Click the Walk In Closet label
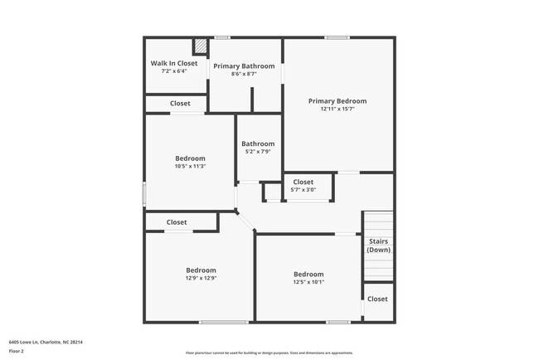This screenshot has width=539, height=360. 174,63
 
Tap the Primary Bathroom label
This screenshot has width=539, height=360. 245,66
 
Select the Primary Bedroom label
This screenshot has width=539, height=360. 337,101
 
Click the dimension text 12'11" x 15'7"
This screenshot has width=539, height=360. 337,109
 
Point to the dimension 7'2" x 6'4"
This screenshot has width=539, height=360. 174,71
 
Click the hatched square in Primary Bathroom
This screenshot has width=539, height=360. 200,47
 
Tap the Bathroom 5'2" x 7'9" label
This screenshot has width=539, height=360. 258,144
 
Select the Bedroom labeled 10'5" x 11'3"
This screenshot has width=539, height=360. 190,158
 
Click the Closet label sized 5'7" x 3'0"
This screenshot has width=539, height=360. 303,182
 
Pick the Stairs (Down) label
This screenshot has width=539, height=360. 378,246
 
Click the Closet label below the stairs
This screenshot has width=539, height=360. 377,299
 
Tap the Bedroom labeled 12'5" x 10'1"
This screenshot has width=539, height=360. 308,274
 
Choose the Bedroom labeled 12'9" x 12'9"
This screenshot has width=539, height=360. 201,270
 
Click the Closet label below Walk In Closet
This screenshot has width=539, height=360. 180,104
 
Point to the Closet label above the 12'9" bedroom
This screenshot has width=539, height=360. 177,222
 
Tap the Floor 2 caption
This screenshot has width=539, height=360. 17,351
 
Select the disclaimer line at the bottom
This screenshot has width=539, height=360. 269,353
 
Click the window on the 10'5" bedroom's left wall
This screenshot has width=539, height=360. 145,194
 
